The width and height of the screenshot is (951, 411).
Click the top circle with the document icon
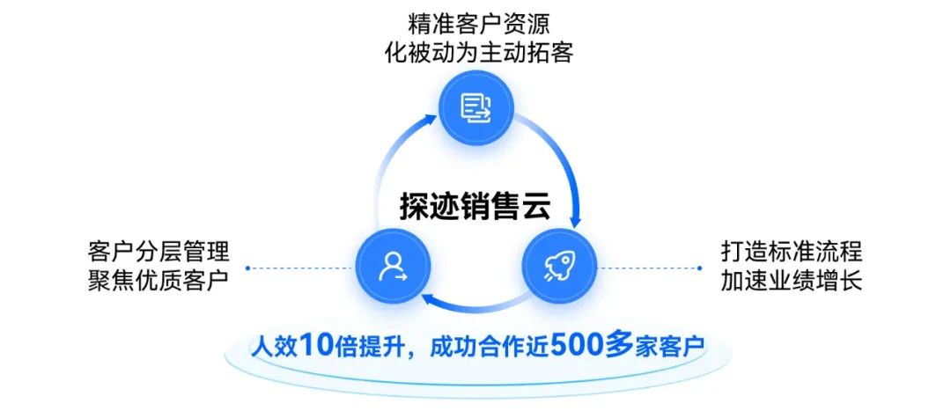475,108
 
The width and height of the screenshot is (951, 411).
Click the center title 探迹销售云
475,206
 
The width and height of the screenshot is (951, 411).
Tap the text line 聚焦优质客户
158,282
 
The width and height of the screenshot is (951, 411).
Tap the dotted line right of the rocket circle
656,268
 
